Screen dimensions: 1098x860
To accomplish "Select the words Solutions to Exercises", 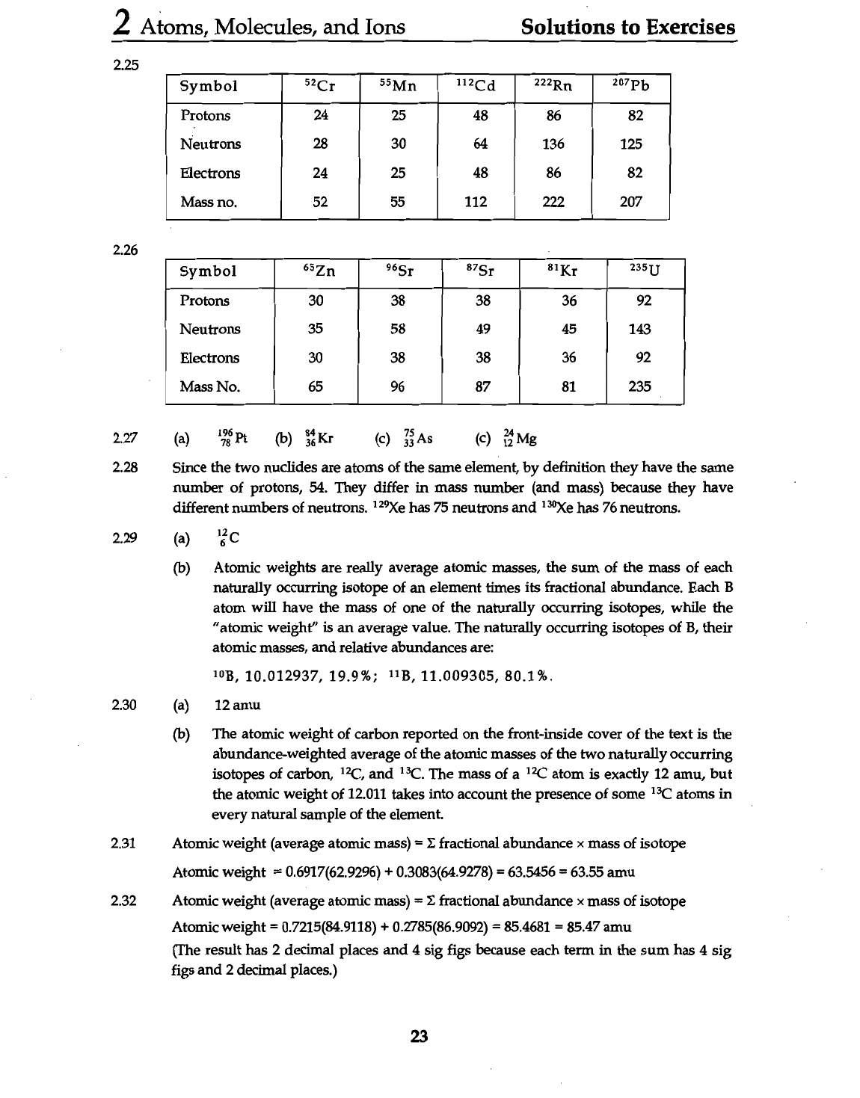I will point(627,27).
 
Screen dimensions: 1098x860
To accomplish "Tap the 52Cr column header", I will point(320,86).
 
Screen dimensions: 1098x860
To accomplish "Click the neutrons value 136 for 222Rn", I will point(553,144).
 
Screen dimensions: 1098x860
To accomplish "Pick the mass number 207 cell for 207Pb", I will point(631,202).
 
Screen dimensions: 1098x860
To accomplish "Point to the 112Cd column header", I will point(476,86).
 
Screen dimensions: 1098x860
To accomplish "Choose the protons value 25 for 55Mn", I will point(399,116).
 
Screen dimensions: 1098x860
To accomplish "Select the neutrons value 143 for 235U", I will point(640,330).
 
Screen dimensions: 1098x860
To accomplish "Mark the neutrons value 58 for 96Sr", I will point(398,330).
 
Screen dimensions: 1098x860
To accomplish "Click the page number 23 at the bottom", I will point(419,1036).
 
